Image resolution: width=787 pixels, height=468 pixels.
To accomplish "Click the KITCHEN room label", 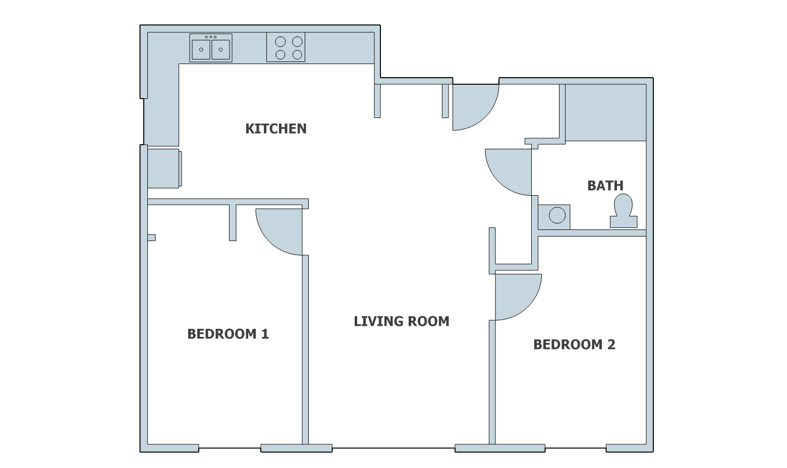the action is pos(276,129).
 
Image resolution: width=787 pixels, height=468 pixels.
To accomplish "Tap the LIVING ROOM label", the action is pos(402,321).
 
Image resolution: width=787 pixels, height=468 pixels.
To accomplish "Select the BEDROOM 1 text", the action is pos(228,334).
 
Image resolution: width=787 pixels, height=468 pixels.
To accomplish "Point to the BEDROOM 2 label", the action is pos(575,344).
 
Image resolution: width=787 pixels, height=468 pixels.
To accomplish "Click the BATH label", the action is pos(605,186).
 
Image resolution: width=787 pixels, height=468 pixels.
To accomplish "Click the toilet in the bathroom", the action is pos(624,211).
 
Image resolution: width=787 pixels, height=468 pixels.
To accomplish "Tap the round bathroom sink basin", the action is pos(557,215).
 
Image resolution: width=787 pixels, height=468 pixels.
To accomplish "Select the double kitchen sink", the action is pos(211,48).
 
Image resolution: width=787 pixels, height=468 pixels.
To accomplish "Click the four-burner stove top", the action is pos(286,47).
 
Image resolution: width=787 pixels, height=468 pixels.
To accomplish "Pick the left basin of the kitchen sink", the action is pos(201,49).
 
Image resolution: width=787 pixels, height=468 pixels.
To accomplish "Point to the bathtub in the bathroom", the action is pos(606,112).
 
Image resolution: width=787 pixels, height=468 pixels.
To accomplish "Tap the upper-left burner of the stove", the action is pos(280,42).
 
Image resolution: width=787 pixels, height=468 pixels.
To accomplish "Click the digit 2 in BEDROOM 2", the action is pos(611,344).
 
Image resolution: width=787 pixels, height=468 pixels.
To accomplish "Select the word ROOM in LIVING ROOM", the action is pos(427,321).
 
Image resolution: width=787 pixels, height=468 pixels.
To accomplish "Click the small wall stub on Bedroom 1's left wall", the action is pos(151,238).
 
